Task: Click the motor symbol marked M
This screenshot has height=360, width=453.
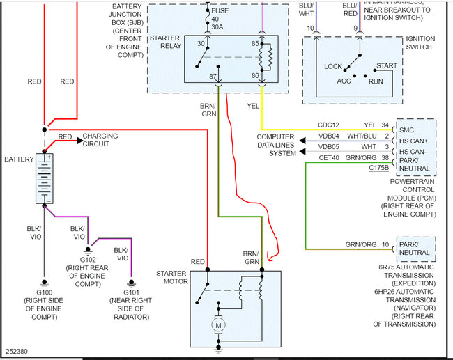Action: pyautogui.click(x=218, y=325)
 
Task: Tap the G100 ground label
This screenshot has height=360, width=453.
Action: pyautogui.click(x=44, y=292)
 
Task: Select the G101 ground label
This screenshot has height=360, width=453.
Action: pyautogui.click(x=132, y=292)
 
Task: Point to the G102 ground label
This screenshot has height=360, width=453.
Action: pyautogui.click(x=88, y=260)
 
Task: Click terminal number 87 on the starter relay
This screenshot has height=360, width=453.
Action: pyautogui.click(x=213, y=76)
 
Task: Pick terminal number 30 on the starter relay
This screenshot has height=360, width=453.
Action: pyautogui.click(x=201, y=44)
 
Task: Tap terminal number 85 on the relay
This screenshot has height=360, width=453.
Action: pyautogui.click(x=255, y=44)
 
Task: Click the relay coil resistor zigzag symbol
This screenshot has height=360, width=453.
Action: pyautogui.click(x=270, y=57)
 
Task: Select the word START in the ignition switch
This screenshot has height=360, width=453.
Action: pyautogui.click(x=387, y=66)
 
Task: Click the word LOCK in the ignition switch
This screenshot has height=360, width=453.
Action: pyautogui.click(x=333, y=67)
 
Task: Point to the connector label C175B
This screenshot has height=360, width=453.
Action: pyautogui.click(x=378, y=168)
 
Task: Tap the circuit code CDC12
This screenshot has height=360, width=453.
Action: pyautogui.click(x=328, y=125)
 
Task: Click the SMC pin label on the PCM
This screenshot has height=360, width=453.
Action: pyautogui.click(x=406, y=130)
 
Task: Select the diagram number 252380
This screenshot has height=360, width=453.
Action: pyautogui.click(x=17, y=352)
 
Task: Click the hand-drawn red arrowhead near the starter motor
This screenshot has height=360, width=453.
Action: pyautogui.click(x=270, y=256)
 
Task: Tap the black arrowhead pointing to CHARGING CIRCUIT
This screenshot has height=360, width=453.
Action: pyautogui.click(x=79, y=141)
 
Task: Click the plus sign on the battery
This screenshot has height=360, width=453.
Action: pyautogui.click(x=49, y=157)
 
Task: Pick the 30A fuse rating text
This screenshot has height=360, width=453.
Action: pyautogui.click(x=217, y=27)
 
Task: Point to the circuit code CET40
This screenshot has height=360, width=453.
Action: pyautogui.click(x=329, y=158)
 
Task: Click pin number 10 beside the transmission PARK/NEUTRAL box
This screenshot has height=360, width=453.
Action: pyautogui.click(x=385, y=245)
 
